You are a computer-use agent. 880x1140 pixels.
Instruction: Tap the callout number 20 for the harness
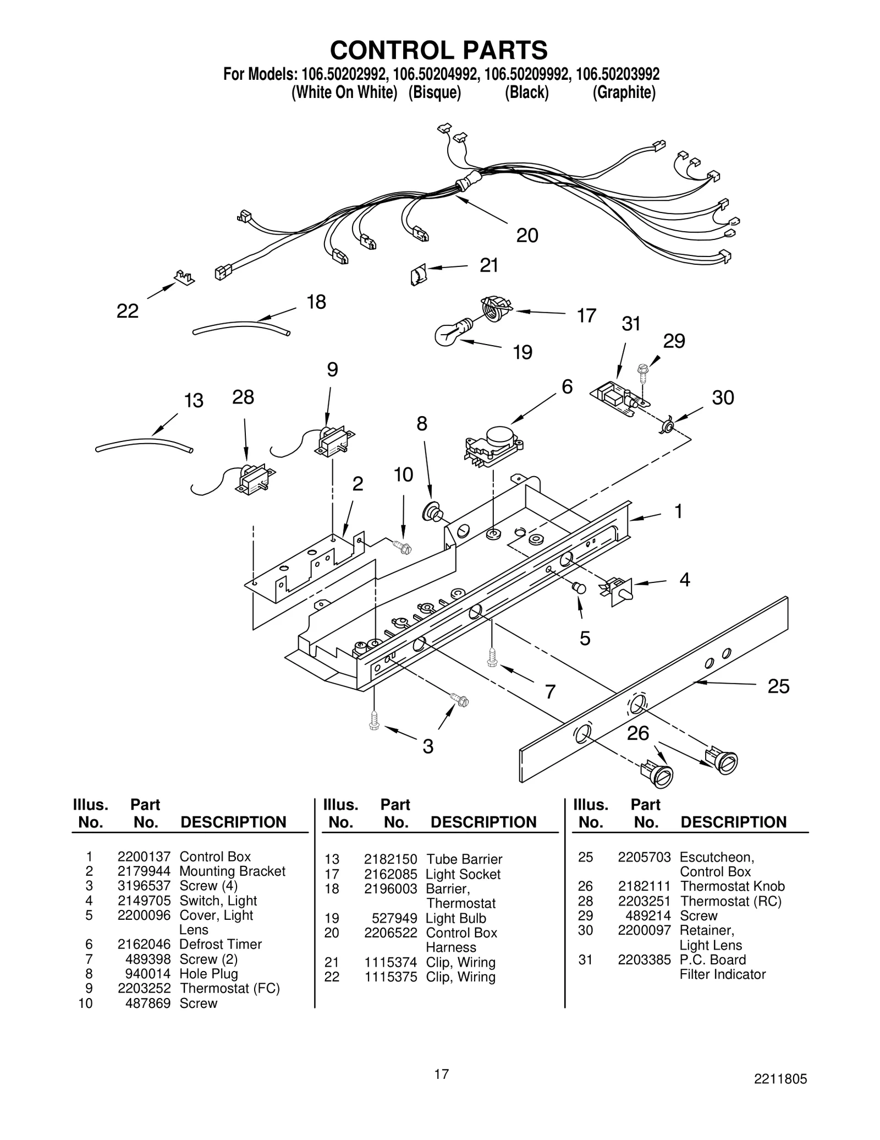[527, 236]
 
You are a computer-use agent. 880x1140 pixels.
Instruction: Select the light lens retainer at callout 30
[667, 426]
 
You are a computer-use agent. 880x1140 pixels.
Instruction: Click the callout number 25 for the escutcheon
[778, 686]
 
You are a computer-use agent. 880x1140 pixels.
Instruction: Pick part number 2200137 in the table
[144, 857]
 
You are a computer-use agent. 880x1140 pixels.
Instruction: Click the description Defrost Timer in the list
[220, 944]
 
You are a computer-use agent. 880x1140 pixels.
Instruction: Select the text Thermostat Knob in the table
[732, 886]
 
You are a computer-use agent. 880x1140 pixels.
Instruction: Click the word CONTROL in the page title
[392, 50]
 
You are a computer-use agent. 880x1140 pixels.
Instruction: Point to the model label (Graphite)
[624, 92]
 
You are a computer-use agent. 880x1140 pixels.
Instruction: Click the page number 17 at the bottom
[441, 1073]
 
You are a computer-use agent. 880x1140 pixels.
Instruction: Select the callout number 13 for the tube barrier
[194, 400]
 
